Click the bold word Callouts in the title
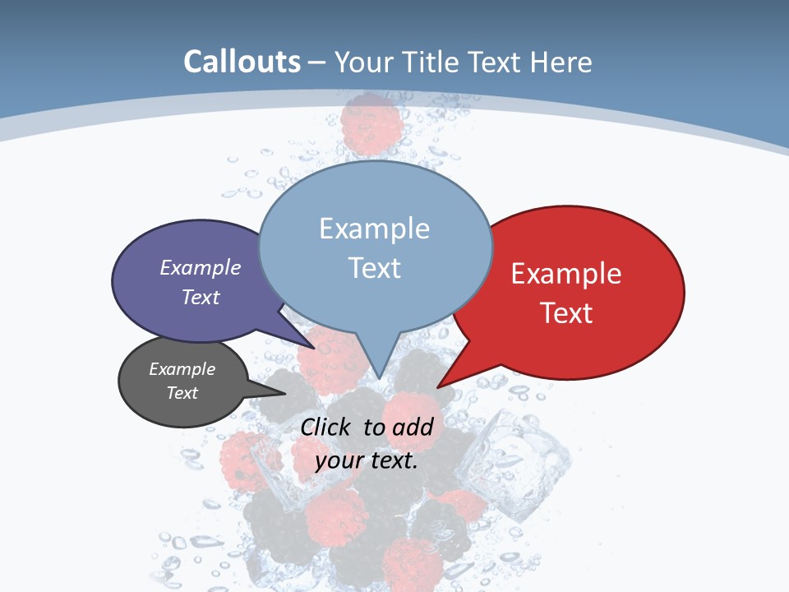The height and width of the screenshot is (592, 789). tap(242, 62)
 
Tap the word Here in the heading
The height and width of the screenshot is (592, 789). tap(561, 62)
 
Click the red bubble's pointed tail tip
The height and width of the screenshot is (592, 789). tap(439, 386)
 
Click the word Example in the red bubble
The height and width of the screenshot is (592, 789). tap(566, 274)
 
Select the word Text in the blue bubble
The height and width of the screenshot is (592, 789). tap(375, 268)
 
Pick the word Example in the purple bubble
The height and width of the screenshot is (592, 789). tap(201, 268)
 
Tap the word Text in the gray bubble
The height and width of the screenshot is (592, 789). tap(182, 393)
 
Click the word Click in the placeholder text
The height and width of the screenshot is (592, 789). tap(327, 427)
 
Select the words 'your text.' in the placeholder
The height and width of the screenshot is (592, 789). tap(367, 460)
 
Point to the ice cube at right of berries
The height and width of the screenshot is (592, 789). tap(514, 460)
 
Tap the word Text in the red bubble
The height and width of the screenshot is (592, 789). tap(567, 313)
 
